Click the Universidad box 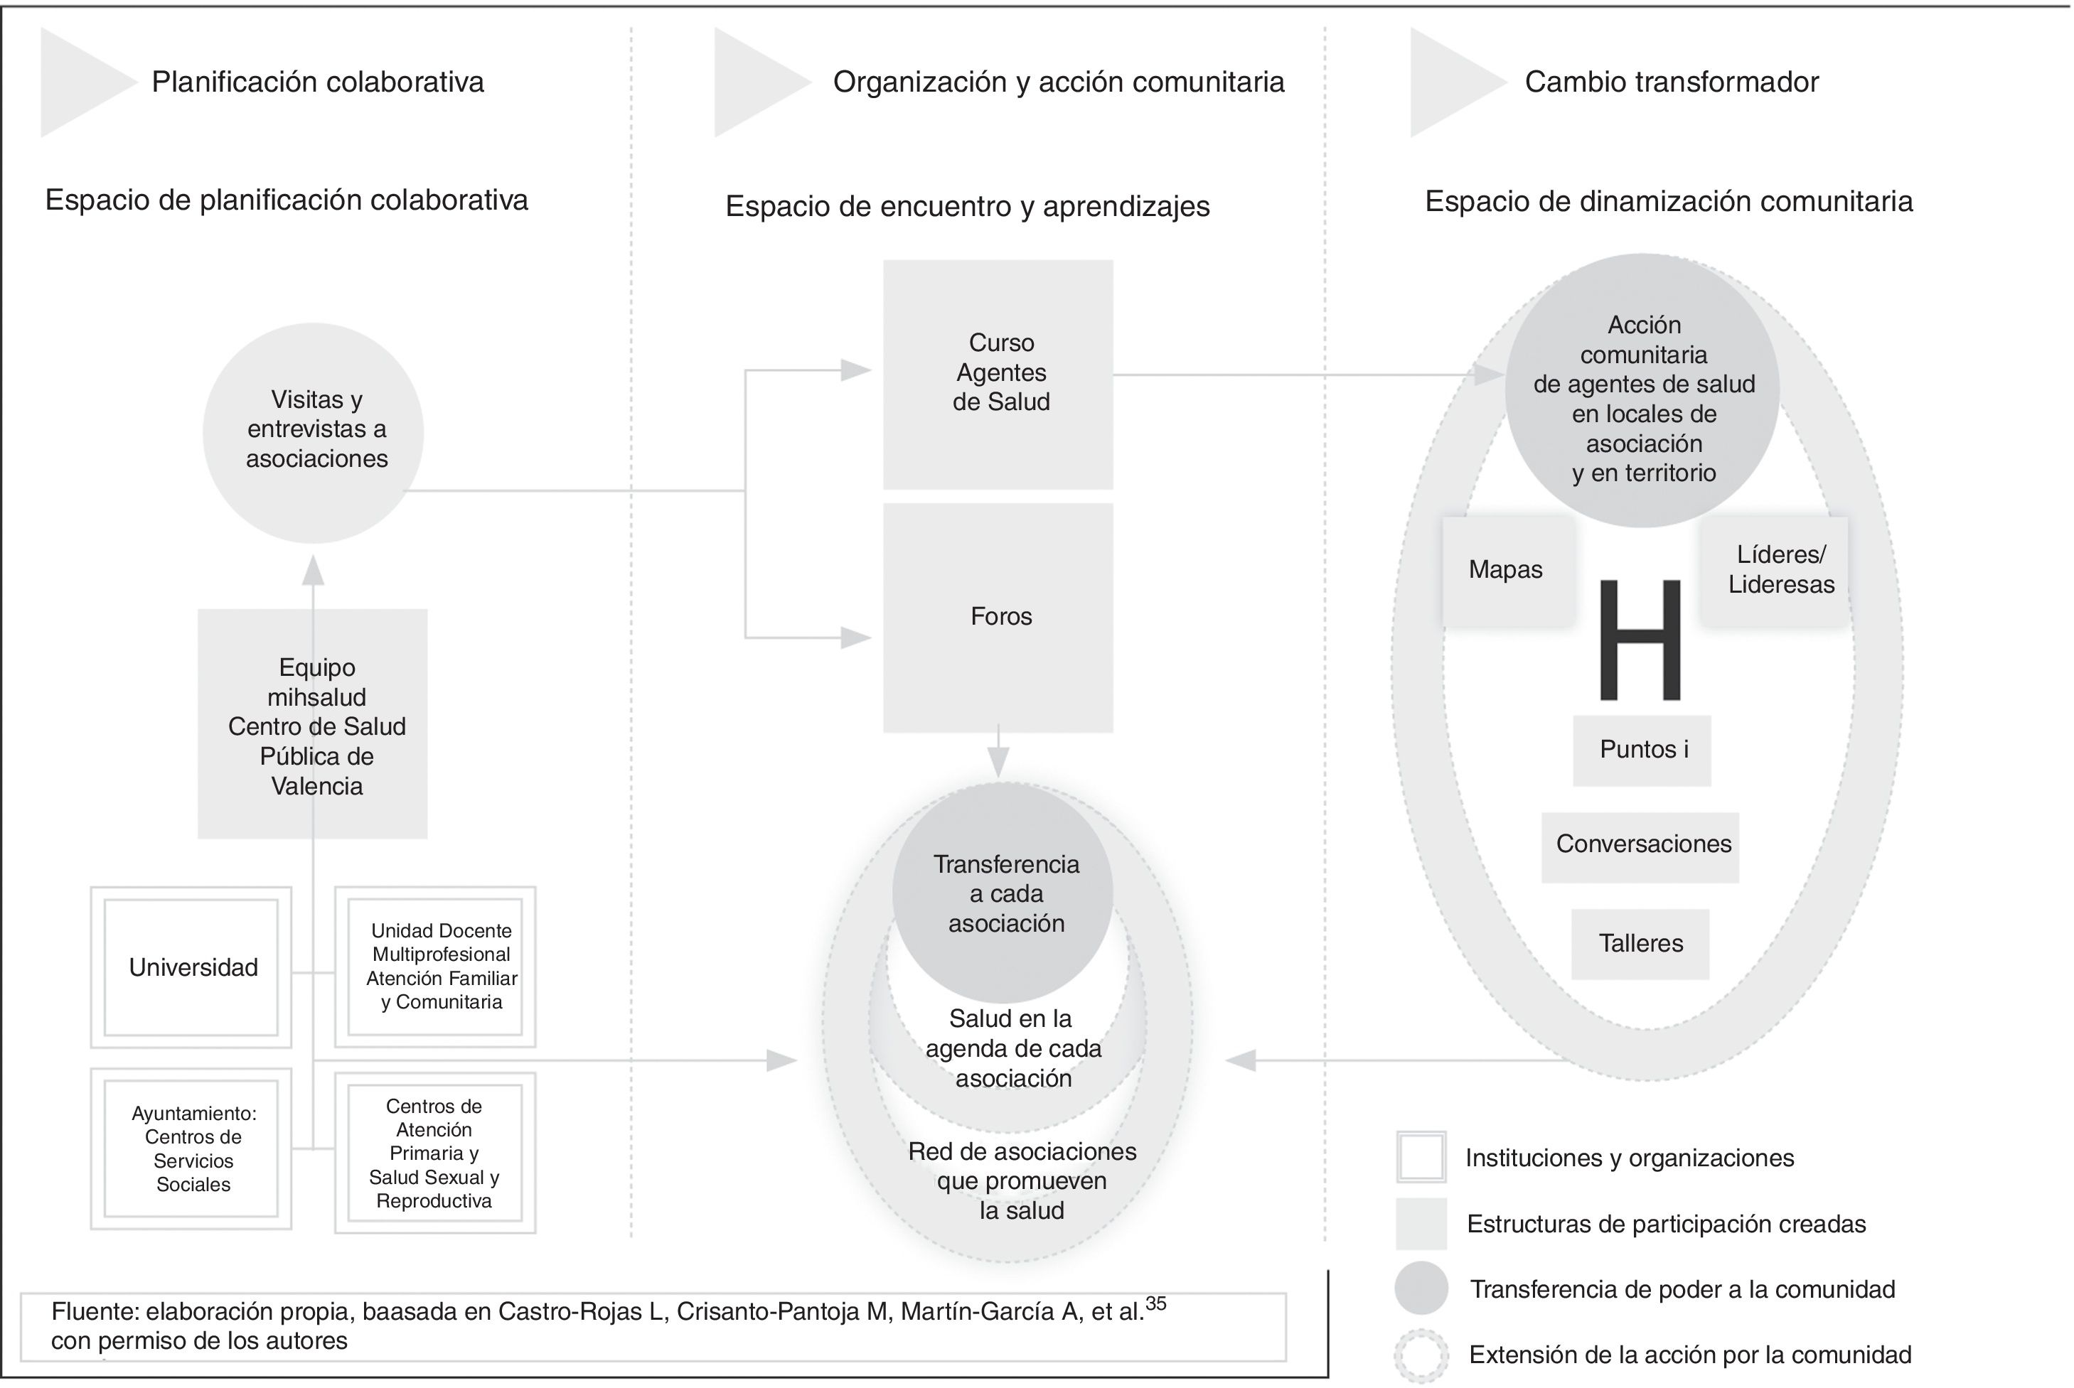[x=191, y=967]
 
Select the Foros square [x=998, y=617]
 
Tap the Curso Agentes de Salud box [x=998, y=374]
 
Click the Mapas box [x=1507, y=570]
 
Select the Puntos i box [x=1642, y=750]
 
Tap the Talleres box [x=1640, y=944]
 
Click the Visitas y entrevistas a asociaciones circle [x=314, y=432]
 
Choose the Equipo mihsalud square [x=313, y=724]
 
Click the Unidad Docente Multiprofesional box [x=436, y=967]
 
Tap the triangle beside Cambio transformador [x=1450, y=82]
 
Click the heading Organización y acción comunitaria [x=1058, y=82]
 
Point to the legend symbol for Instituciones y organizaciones [x=1421, y=1157]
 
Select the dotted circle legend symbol [x=1421, y=1355]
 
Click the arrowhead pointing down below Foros [x=998, y=763]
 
